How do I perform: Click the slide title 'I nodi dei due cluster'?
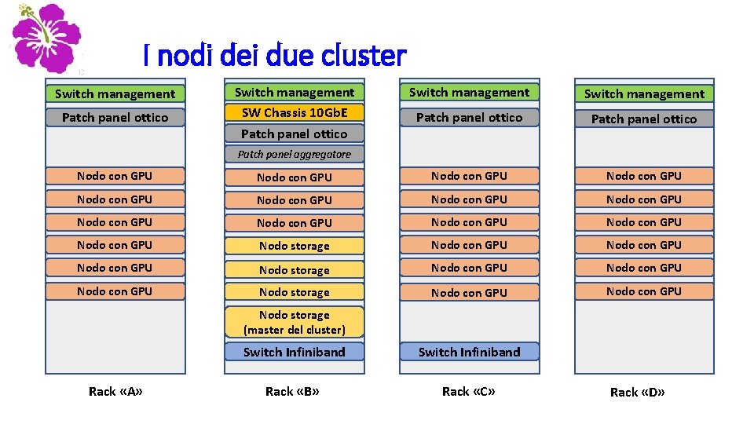[275, 56]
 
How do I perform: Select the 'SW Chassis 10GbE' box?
[295, 112]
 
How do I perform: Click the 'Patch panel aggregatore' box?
[295, 154]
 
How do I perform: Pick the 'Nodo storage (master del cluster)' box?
[295, 323]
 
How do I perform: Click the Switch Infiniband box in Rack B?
[295, 352]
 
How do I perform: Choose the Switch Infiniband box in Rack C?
[469, 352]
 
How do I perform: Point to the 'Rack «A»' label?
[115, 391]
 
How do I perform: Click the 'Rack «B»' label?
[292, 391]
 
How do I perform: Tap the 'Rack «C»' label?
[469, 391]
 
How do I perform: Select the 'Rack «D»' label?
[637, 392]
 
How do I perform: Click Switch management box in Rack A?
[115, 93]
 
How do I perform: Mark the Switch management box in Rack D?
[644, 93]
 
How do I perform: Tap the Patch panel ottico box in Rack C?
[469, 118]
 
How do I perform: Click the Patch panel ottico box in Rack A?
[115, 118]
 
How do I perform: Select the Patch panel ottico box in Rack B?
[295, 133]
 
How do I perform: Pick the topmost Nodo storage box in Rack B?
[295, 246]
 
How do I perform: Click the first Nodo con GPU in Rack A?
[115, 176]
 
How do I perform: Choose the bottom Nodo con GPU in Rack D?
[644, 291]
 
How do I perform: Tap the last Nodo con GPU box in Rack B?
[295, 223]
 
